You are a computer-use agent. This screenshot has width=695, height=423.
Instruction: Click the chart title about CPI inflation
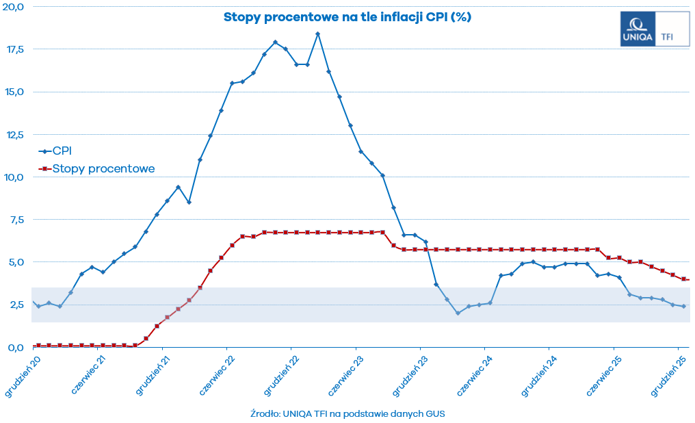point(347,16)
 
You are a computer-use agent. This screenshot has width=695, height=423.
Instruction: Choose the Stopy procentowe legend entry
point(103,168)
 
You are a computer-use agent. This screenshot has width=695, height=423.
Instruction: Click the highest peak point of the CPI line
point(317,34)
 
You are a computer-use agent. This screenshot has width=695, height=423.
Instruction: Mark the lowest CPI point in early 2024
point(458,313)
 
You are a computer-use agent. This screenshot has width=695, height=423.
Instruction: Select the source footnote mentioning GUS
point(348,413)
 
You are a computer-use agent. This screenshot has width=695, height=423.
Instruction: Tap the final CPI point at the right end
point(683,306)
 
